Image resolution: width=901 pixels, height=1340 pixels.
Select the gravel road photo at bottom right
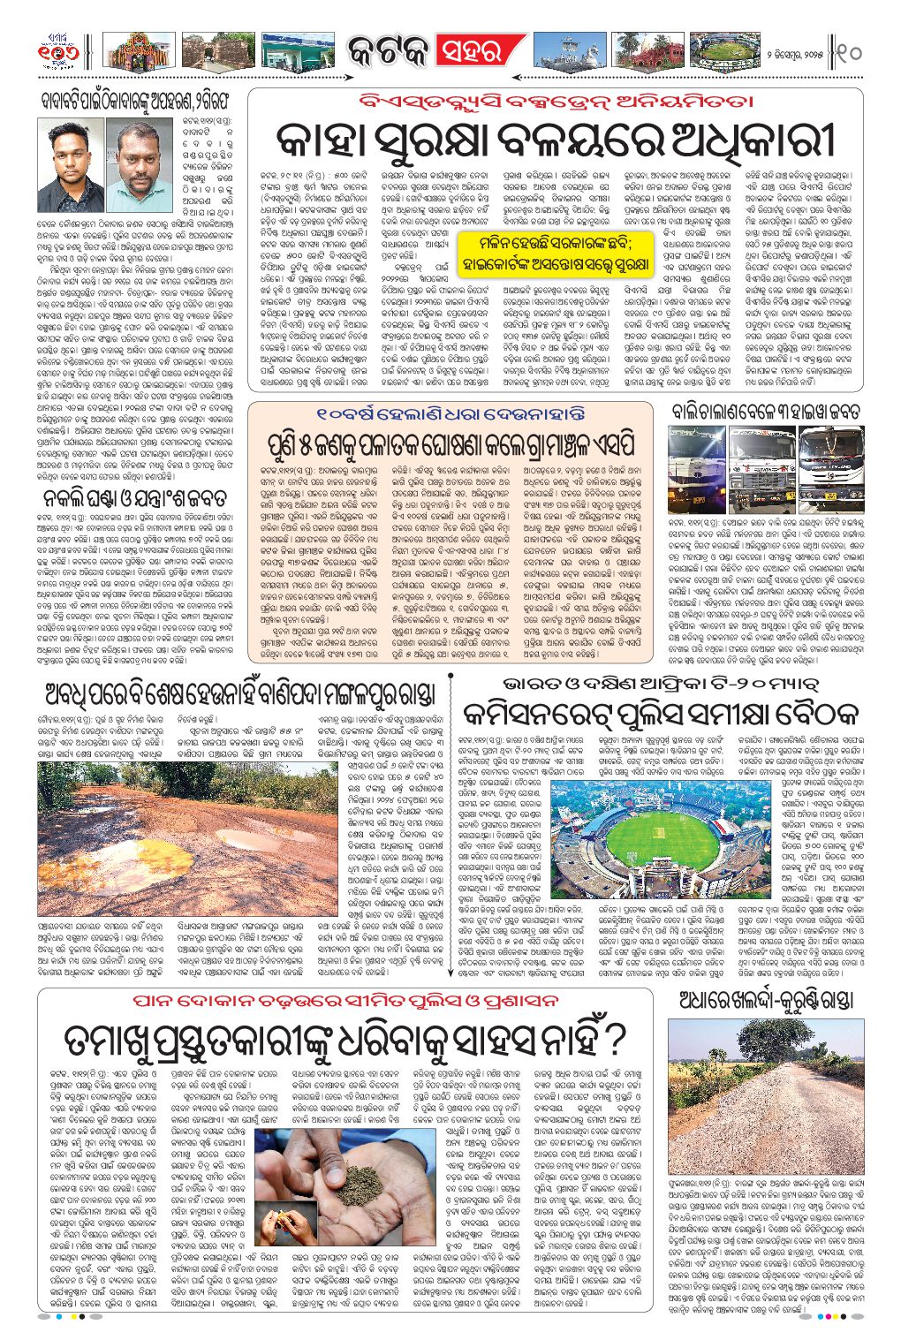pyautogui.click(x=766, y=1092)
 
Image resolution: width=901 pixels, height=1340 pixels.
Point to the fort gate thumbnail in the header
pyautogui.click(x=216, y=51)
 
